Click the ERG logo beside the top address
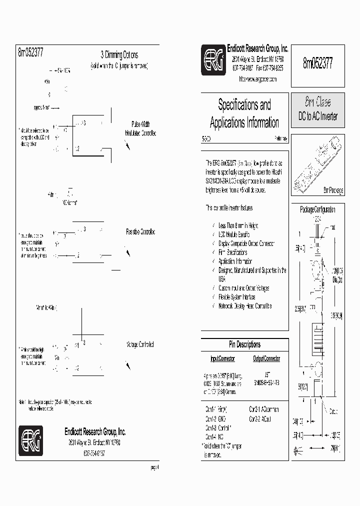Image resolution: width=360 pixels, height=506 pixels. (213, 60)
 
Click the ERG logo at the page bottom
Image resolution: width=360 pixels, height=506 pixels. (30, 440)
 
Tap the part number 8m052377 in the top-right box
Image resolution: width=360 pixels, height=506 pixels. (317, 62)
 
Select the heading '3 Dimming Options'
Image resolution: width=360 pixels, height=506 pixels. (119, 55)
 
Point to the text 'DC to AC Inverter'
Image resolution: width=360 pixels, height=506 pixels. (318, 116)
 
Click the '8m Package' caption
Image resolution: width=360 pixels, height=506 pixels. (333, 190)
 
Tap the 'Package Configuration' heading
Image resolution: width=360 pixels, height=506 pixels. (317, 209)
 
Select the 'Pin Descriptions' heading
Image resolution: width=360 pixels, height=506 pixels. (244, 344)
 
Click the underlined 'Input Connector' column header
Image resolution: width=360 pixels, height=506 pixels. (222, 358)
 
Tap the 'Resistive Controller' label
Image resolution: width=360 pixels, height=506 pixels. (140, 232)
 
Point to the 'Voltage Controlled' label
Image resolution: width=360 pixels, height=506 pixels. (140, 344)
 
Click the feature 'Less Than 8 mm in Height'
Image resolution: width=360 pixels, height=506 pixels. (238, 225)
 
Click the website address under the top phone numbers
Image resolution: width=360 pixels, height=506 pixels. (257, 79)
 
